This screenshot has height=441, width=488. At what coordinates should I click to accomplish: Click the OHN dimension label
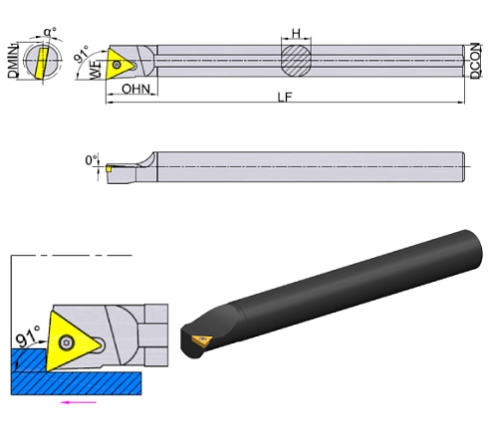[134, 90]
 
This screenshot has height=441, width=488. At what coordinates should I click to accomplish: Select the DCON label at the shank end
[476, 62]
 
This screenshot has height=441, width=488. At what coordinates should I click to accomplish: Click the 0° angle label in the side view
[93, 158]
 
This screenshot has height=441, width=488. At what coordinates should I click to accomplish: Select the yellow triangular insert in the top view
[119, 63]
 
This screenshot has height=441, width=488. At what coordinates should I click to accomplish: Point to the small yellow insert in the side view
[110, 170]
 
